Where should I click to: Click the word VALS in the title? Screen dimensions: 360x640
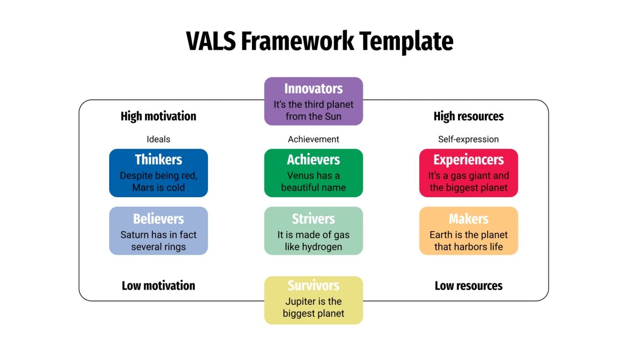click(x=211, y=41)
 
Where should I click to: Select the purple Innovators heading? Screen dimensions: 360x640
click(x=313, y=89)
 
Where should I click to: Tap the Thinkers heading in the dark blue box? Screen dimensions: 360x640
click(x=159, y=159)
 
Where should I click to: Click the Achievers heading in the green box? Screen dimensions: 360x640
click(x=313, y=159)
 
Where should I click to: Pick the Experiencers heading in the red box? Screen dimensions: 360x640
click(x=469, y=159)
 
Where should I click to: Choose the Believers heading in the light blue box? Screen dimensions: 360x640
click(x=159, y=219)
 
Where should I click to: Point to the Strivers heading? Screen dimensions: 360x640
click(x=313, y=219)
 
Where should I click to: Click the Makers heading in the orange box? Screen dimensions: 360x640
click(x=469, y=219)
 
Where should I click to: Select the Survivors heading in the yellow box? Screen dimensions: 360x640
click(x=313, y=286)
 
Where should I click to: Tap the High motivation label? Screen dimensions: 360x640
click(x=159, y=116)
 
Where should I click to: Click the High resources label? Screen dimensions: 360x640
click(x=469, y=116)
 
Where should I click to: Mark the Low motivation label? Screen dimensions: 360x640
click(x=159, y=286)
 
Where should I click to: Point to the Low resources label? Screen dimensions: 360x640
click(x=469, y=286)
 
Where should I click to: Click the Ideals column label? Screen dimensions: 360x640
click(x=159, y=139)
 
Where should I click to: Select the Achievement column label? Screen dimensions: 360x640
click(x=313, y=139)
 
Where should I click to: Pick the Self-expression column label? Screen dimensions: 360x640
click(x=469, y=139)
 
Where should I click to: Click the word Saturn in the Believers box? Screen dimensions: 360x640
click(x=135, y=235)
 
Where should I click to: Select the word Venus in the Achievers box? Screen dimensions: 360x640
click(x=301, y=176)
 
